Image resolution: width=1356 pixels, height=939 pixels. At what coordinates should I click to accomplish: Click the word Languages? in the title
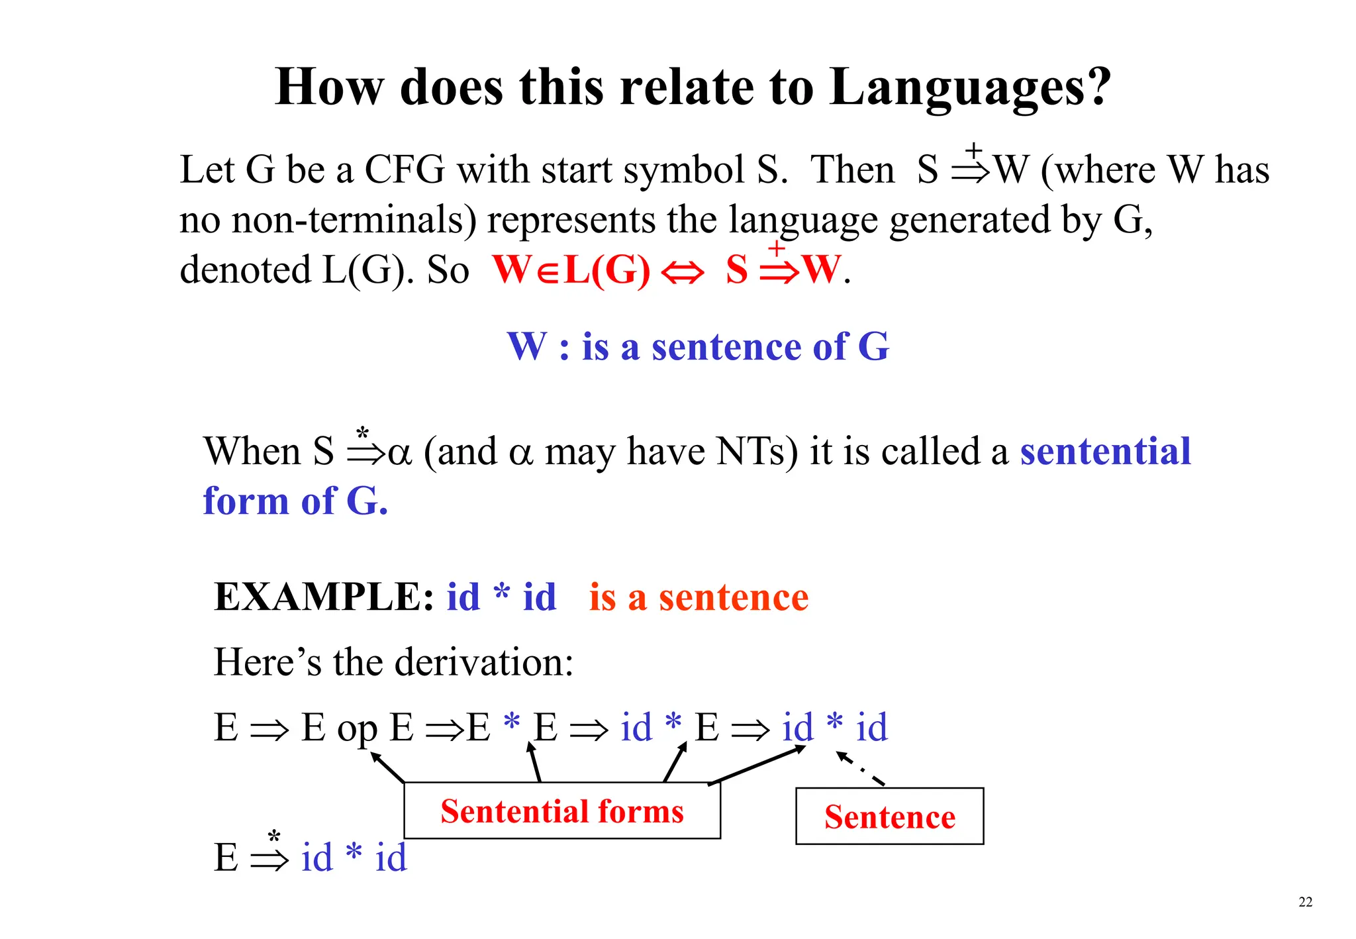[970, 87]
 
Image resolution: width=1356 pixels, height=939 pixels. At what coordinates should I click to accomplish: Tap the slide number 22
[1305, 902]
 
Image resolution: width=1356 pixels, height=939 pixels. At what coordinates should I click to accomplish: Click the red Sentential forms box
[562, 811]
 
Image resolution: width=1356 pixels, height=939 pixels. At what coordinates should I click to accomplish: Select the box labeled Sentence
[889, 816]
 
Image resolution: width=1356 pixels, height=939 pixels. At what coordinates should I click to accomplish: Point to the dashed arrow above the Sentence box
[860, 769]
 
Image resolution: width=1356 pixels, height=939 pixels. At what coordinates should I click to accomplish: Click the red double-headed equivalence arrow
[682, 272]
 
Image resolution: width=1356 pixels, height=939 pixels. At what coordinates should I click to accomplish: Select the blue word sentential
[1105, 452]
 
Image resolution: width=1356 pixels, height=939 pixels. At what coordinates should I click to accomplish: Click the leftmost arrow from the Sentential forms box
[387, 767]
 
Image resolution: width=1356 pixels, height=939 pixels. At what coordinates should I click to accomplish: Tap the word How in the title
[329, 87]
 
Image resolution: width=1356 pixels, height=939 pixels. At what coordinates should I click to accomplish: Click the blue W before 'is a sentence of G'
[527, 346]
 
